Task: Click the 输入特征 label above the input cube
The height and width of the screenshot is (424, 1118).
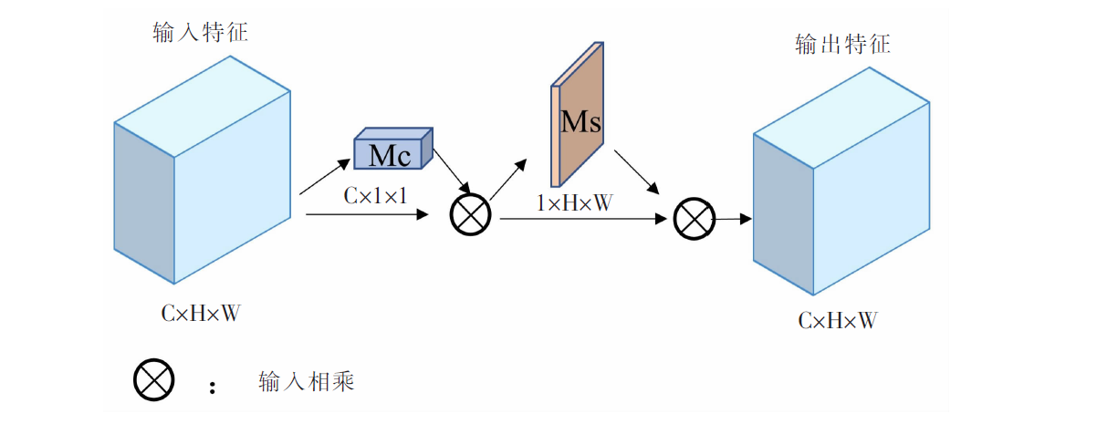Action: coord(200,34)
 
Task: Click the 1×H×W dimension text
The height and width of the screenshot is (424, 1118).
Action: coord(575,202)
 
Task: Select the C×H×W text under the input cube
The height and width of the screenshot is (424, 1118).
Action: coord(201,313)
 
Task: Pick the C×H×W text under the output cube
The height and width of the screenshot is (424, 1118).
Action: coord(838,320)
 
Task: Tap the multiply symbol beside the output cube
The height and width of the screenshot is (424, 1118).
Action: coord(693,219)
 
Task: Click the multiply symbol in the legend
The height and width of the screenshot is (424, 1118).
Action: coord(153,380)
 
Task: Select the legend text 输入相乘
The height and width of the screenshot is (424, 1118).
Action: coord(306,381)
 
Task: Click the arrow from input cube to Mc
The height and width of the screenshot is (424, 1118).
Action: coord(325,177)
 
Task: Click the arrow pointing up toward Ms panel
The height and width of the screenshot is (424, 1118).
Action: coord(509,179)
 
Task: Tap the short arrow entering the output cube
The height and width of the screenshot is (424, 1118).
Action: coord(733,219)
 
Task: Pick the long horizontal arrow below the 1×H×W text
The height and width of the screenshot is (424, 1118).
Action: coord(580,219)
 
